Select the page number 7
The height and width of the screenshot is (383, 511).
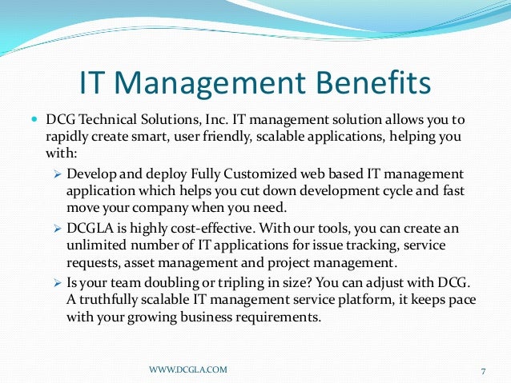pos(484,370)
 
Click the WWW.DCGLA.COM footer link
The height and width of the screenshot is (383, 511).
pos(188,369)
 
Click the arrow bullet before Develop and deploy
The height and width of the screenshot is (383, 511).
pos(57,174)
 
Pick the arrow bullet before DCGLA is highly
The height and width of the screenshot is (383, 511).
pos(57,229)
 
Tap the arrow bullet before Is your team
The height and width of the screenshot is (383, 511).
pos(57,283)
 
